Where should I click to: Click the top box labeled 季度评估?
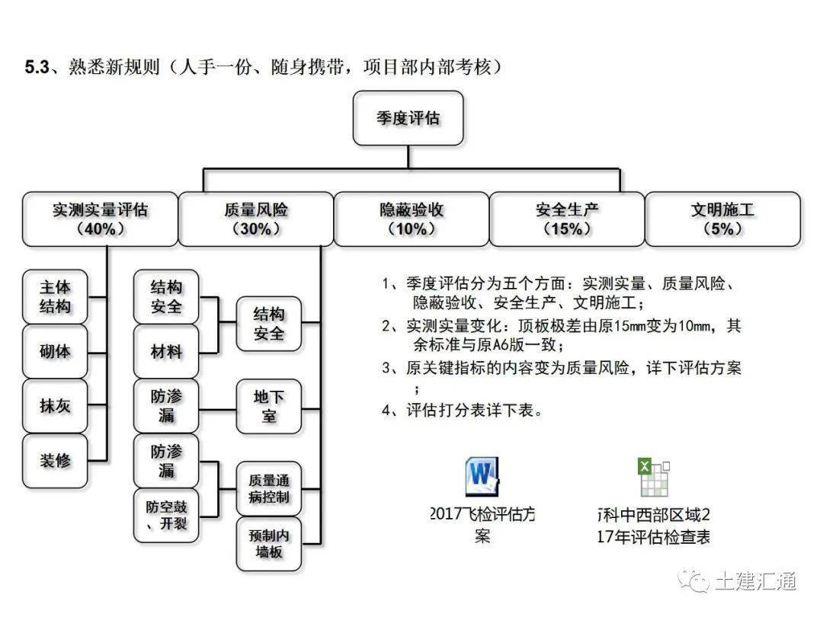pyautogui.click(x=408, y=118)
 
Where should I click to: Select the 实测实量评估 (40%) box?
pyautogui.click(x=100, y=219)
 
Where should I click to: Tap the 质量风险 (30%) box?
pyautogui.click(x=256, y=219)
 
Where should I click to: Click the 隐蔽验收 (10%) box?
pyautogui.click(x=411, y=219)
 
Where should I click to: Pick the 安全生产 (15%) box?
pyautogui.click(x=567, y=219)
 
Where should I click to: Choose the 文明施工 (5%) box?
pyautogui.click(x=722, y=219)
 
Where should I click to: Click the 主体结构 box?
pyautogui.click(x=56, y=296)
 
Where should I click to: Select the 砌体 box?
pyautogui.click(x=56, y=352)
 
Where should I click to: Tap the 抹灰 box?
pyautogui.click(x=56, y=406)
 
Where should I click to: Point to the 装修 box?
pyautogui.click(x=56, y=461)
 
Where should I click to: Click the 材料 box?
pyautogui.click(x=166, y=351)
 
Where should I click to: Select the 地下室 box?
pyautogui.click(x=269, y=406)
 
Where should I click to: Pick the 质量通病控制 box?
pyautogui.click(x=269, y=488)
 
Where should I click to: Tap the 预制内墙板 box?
pyautogui.click(x=269, y=543)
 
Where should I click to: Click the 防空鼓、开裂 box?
pyautogui.click(x=166, y=516)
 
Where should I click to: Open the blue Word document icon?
pyautogui.click(x=482, y=477)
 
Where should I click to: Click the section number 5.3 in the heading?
pyautogui.click(x=37, y=67)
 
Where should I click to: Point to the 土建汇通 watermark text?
pyautogui.click(x=754, y=581)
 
